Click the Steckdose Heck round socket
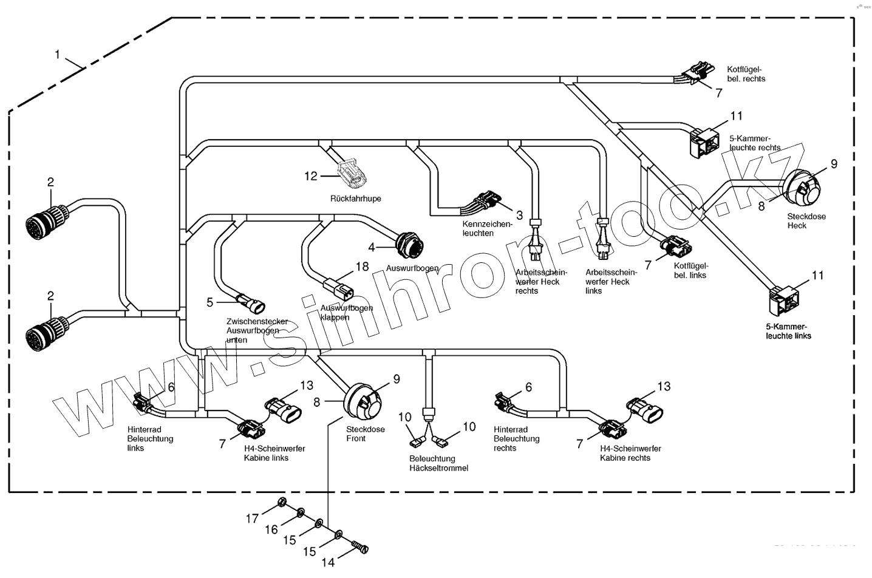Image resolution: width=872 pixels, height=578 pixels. point(802,186)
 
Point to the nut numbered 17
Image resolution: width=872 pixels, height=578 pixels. point(282,501)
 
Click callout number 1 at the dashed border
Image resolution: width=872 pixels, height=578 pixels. point(57,55)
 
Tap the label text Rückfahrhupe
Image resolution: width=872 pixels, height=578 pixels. point(355,199)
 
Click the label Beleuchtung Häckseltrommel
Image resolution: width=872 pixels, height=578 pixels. point(439,463)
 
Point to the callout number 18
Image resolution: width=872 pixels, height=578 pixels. point(362,267)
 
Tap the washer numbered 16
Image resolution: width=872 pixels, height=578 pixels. point(300,515)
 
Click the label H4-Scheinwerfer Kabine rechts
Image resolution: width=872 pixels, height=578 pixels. point(630,453)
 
